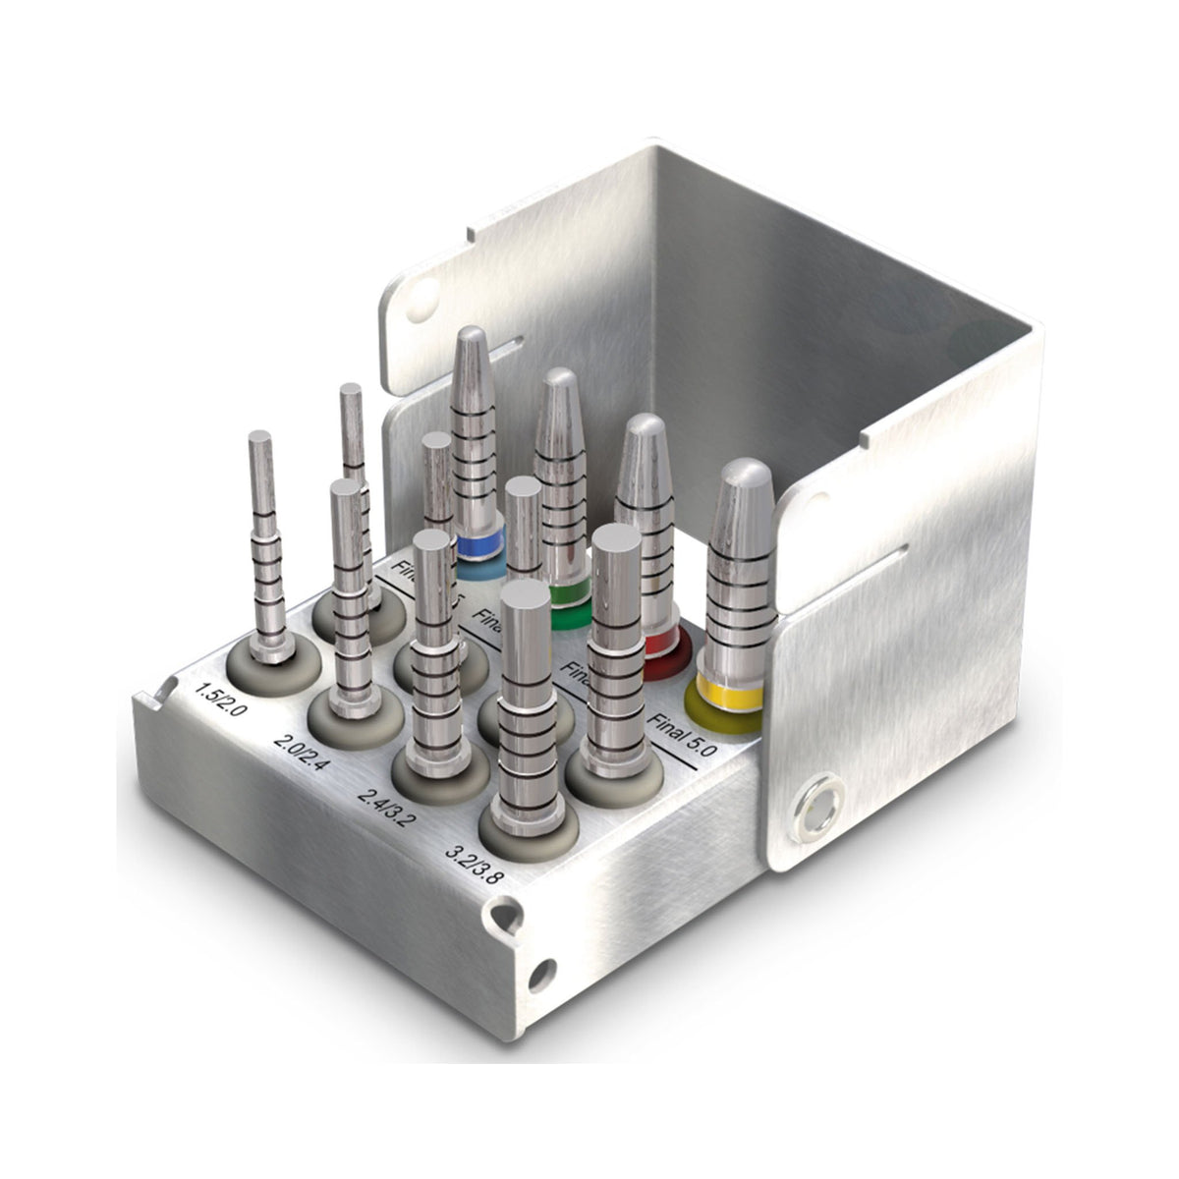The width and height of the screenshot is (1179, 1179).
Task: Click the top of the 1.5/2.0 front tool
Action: click(260, 439)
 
